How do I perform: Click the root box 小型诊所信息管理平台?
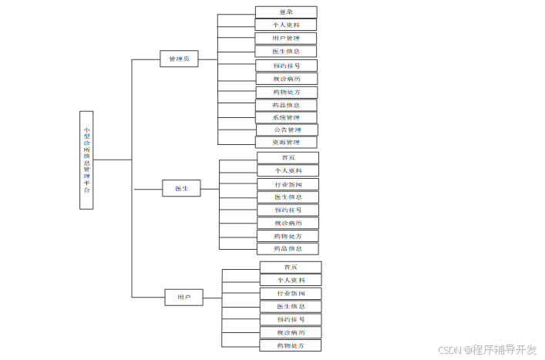pos(86,160)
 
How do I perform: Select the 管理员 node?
pos(179,59)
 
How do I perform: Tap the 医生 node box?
pos(181,188)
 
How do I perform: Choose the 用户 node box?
pos(183,297)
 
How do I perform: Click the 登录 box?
pos(286,12)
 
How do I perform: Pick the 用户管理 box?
pos(286,38)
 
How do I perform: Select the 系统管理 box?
pos(286,118)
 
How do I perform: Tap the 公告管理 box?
pos(287,130)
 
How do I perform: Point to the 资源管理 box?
pos(286,143)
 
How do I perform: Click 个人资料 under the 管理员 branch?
pos(286,25)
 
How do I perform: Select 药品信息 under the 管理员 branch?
pos(286,105)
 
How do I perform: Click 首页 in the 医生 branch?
pos(288,157)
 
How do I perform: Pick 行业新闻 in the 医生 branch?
pos(288,184)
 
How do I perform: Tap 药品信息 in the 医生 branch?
pos(288,249)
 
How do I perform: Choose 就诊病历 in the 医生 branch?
pos(288,223)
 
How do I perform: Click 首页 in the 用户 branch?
pos(290,267)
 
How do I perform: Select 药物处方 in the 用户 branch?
pos(290,345)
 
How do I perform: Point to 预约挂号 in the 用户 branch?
pos(290,319)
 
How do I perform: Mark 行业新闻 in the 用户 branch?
pos(290,293)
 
